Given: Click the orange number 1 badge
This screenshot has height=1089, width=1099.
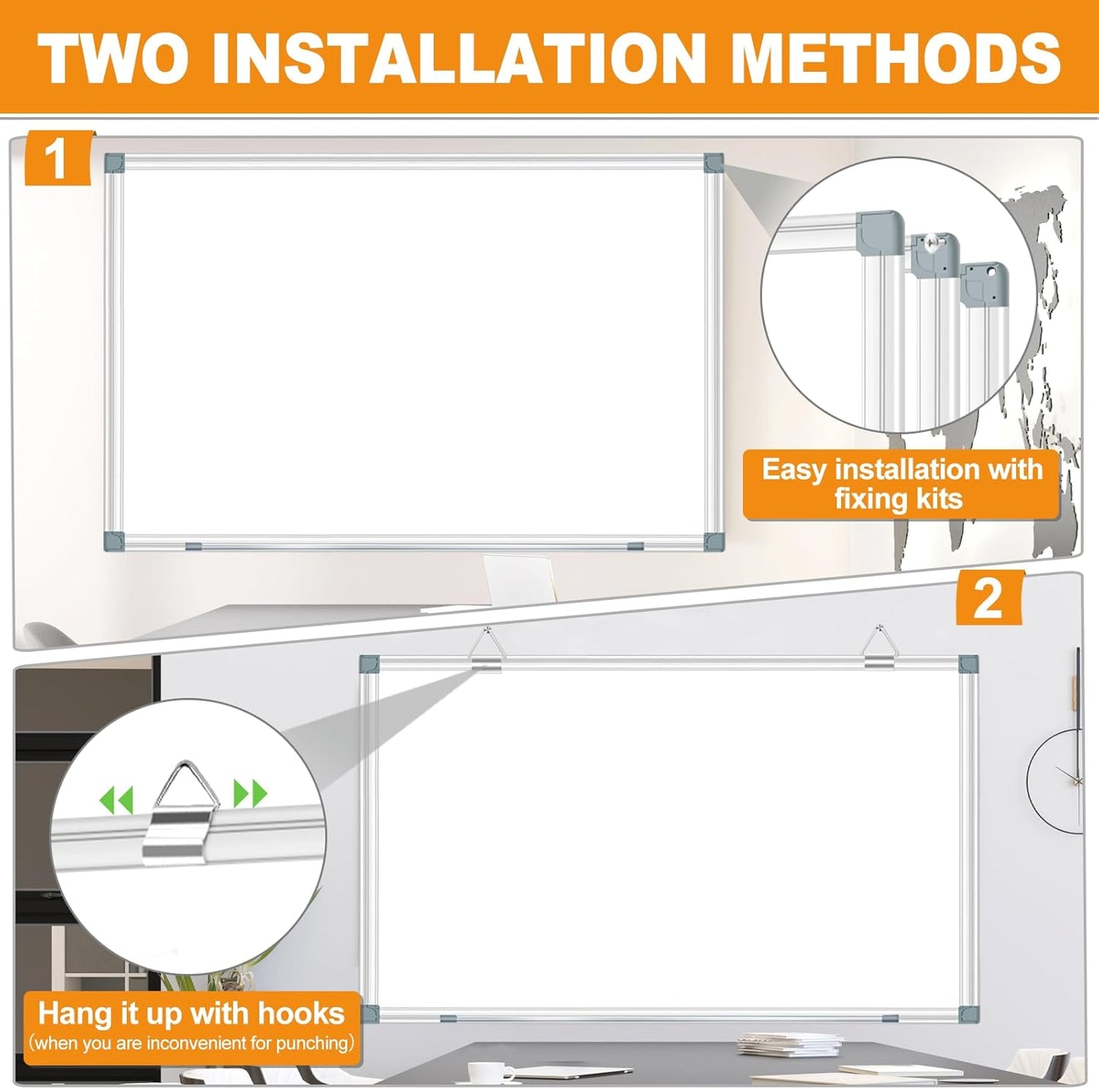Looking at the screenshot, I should coord(58,158).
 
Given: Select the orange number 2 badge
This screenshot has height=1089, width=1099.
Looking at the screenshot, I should coord(989,598).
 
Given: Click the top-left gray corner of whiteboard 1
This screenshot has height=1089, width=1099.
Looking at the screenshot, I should coord(113,163).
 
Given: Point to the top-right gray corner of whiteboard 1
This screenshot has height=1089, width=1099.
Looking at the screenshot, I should coord(713,162).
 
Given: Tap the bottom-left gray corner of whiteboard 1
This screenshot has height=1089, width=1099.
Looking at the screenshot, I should coord(113,541).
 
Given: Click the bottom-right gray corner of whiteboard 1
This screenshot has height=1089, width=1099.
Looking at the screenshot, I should coord(713,541).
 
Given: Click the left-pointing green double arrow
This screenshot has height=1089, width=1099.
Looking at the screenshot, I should coord(116,798).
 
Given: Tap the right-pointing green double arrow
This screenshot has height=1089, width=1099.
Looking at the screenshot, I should coord(250,793).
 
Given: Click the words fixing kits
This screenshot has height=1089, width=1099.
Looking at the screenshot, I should coord(898,499).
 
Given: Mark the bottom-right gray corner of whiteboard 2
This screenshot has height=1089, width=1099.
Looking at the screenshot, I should coord(968,1014).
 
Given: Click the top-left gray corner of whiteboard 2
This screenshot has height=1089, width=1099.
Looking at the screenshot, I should coord(370,663).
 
